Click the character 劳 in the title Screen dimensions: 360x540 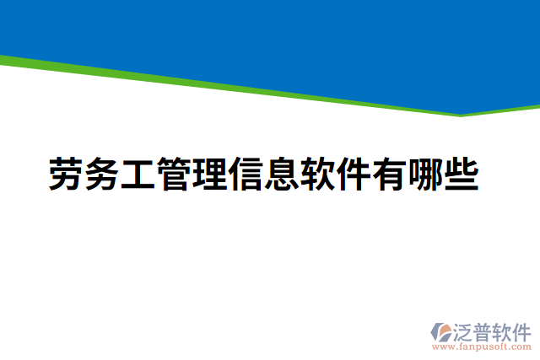point(65,175)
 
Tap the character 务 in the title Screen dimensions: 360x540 point(102,175)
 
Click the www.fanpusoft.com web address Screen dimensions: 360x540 point(482,347)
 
